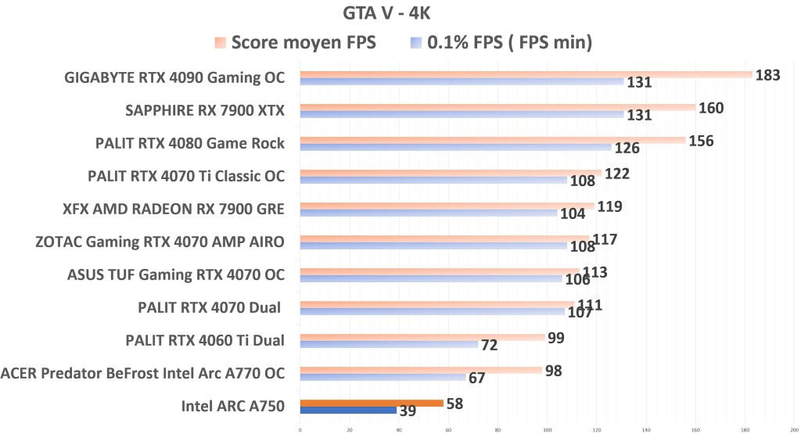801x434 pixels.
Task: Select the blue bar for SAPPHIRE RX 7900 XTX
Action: tap(462, 114)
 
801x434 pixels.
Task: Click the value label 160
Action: tap(711, 107)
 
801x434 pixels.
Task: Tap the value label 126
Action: tap(627, 148)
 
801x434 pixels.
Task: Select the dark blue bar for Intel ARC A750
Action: tap(348, 410)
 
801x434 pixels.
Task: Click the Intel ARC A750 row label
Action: tap(232, 405)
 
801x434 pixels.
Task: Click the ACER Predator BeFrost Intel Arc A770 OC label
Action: tap(142, 372)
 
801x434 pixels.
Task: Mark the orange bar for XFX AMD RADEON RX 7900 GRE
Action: tap(447, 206)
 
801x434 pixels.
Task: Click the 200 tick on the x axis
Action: tap(793, 429)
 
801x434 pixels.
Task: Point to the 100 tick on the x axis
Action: tap(547, 429)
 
